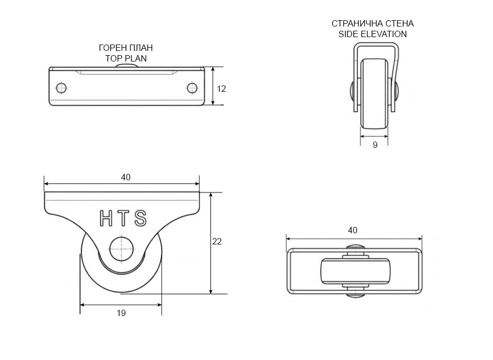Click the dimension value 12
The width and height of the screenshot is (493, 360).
(222, 89)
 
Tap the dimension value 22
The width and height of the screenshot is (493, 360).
(217, 241)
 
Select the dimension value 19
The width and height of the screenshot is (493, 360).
(121, 313)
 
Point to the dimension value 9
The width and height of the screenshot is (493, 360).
(375, 145)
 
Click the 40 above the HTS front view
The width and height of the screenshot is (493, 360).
(126, 177)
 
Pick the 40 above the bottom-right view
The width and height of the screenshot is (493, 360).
(353, 231)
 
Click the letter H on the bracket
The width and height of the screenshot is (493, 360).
(106, 218)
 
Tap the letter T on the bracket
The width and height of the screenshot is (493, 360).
(123, 218)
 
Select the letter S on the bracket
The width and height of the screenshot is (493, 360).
(140, 218)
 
